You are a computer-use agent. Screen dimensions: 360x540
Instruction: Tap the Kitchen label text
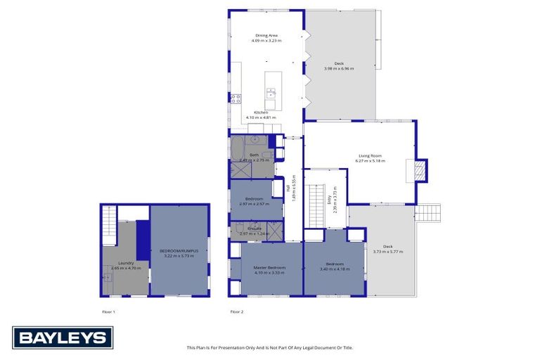tap(261, 112)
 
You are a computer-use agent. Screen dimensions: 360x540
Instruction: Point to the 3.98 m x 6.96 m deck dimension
tap(339, 68)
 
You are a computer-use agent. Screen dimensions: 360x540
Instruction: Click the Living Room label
tap(370, 155)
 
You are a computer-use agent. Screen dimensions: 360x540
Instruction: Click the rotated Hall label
tap(288, 188)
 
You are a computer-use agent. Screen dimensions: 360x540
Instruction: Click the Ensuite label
tap(254, 228)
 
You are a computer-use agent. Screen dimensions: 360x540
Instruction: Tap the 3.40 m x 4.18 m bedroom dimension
tap(335, 271)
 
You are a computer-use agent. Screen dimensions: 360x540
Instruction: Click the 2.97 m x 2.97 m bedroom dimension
tap(254, 204)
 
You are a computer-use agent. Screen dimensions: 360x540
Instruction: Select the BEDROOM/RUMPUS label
tap(179, 251)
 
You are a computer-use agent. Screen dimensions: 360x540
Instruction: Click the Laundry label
tap(127, 263)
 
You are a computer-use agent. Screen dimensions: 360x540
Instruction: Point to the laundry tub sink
tap(108, 278)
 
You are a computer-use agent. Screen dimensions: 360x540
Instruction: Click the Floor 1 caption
tap(108, 311)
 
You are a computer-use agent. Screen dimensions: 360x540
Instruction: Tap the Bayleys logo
tap(62, 337)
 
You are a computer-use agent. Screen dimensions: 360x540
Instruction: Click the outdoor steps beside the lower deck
tap(428, 212)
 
